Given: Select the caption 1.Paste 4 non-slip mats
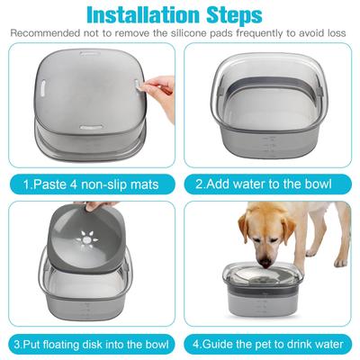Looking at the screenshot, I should [90, 186].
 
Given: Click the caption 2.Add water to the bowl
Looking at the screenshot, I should [270, 186].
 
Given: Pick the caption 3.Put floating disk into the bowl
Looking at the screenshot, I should [90, 344].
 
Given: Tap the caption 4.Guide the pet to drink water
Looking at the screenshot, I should [270, 344].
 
